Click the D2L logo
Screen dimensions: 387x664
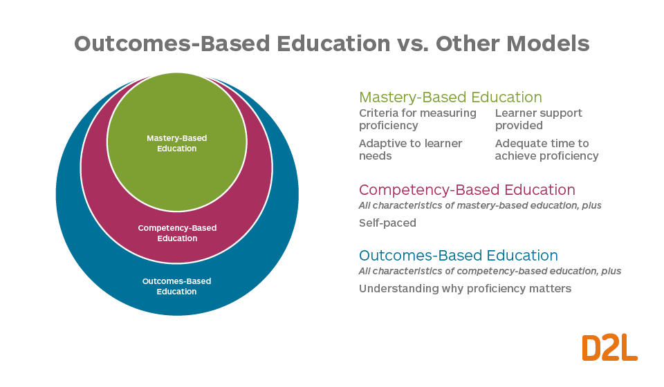point(609,348)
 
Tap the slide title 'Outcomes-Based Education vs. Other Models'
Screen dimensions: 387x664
point(332,44)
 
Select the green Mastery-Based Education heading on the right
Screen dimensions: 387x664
point(450,97)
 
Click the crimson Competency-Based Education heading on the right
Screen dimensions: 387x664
point(467,190)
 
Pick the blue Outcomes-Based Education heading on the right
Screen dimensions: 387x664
point(458,256)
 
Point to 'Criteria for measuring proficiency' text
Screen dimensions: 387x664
point(418,119)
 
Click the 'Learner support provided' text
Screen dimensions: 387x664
point(539,119)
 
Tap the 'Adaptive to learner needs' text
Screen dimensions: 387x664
point(411,149)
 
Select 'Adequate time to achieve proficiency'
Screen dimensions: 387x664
point(546,149)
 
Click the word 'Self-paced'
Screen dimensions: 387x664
point(387,223)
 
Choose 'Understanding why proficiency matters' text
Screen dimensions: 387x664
point(465,288)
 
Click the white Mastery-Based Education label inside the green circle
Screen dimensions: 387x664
point(176,143)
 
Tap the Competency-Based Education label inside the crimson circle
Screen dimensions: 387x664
point(177,233)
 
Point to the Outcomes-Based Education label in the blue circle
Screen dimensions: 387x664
point(176,286)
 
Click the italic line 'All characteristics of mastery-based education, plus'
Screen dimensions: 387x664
point(480,206)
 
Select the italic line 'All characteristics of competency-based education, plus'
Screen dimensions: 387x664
point(490,271)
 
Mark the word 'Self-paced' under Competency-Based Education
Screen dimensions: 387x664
point(387,223)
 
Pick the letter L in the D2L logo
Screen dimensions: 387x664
point(628,348)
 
